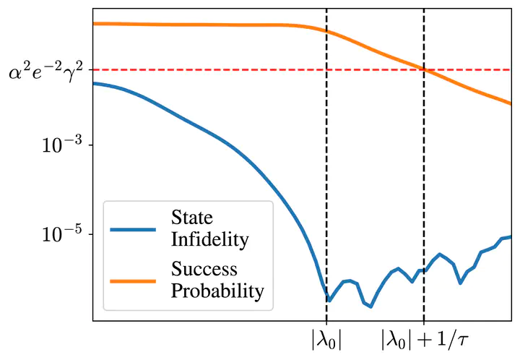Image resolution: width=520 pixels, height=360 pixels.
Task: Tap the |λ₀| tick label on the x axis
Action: point(326,338)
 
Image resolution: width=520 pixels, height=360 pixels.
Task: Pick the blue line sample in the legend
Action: point(133,229)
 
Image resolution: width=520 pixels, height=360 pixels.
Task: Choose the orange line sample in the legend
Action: point(133,281)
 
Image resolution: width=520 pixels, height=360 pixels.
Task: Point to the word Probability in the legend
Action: point(217,292)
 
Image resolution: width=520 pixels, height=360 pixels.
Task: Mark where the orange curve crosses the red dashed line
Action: point(424,69)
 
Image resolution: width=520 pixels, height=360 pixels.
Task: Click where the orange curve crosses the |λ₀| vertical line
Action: point(326,31)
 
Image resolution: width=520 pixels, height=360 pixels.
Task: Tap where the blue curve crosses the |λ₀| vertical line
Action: point(326,298)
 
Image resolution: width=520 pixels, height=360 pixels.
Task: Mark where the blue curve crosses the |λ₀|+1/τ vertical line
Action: point(423,270)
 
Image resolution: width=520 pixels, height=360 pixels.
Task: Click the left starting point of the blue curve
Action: point(94,83)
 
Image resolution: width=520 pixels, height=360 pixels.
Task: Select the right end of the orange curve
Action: point(511,103)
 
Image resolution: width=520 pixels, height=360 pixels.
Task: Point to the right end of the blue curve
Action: point(511,236)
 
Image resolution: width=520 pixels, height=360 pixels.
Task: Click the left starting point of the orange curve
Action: point(94,23)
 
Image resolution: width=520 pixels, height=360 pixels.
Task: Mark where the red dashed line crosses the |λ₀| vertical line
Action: point(326,70)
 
